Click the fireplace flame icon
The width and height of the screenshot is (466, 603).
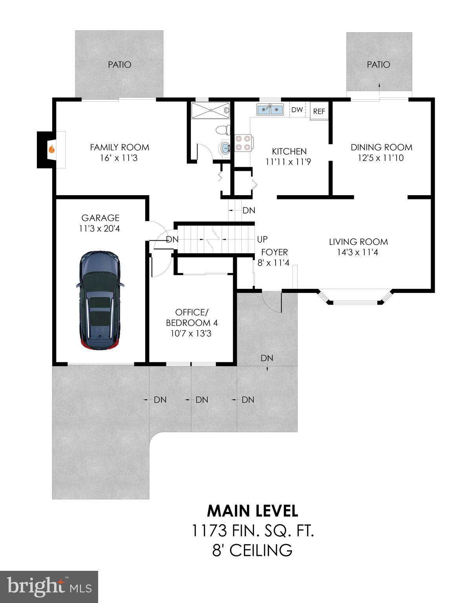point(51,149)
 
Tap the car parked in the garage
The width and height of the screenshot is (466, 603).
point(100,300)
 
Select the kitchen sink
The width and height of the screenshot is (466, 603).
point(270,110)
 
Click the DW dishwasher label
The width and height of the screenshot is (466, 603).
point(297,110)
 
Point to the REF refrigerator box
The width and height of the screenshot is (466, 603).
point(319,111)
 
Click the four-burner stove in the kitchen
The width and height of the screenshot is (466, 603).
point(243,143)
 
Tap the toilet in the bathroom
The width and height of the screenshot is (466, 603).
point(223,130)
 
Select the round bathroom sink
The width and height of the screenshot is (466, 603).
point(225,148)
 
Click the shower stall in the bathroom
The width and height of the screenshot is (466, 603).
point(210,110)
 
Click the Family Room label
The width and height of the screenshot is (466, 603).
point(119,147)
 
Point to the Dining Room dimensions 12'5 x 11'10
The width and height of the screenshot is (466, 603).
point(380,158)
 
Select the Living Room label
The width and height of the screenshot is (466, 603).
point(358,242)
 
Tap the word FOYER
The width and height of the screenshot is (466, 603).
point(274,252)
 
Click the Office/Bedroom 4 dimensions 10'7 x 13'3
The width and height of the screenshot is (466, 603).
point(192,334)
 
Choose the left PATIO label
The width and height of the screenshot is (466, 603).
point(119,64)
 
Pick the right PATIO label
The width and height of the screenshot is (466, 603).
point(378,64)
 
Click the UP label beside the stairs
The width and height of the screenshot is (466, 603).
point(262,239)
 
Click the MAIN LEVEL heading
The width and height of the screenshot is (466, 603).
point(252,511)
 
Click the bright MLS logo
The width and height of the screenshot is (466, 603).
point(49,587)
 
